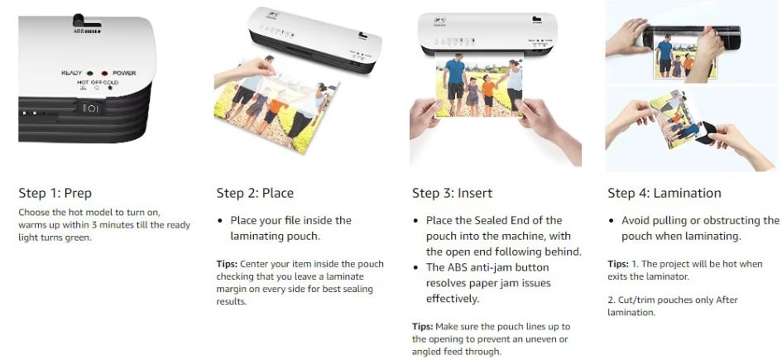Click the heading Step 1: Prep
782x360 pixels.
click(x=55, y=193)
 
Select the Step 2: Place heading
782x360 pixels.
click(x=255, y=193)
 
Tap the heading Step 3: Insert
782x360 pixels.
click(x=452, y=193)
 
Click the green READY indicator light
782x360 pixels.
click(x=89, y=74)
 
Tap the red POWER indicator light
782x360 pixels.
click(x=104, y=74)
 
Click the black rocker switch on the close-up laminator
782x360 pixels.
click(x=89, y=108)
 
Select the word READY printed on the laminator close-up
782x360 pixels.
click(x=71, y=74)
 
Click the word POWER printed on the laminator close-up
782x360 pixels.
click(x=124, y=74)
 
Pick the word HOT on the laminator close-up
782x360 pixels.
click(x=83, y=82)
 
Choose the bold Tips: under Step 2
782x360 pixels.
click(x=227, y=264)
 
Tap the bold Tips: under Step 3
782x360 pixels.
click(x=422, y=327)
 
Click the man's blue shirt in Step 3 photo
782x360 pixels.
click(x=454, y=71)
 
